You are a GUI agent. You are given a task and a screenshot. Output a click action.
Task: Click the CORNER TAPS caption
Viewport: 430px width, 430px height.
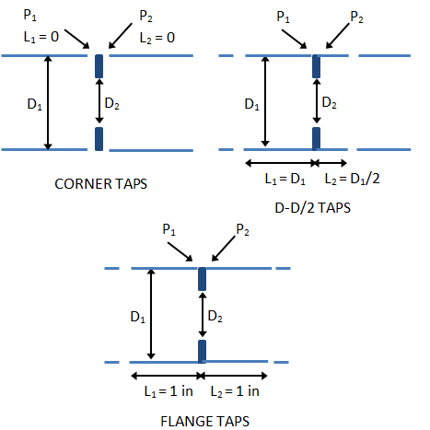coord(99,183)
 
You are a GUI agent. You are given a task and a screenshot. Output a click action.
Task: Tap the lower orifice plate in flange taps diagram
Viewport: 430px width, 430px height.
coord(202,351)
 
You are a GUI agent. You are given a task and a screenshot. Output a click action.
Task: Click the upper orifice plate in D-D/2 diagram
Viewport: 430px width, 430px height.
coord(316,66)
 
